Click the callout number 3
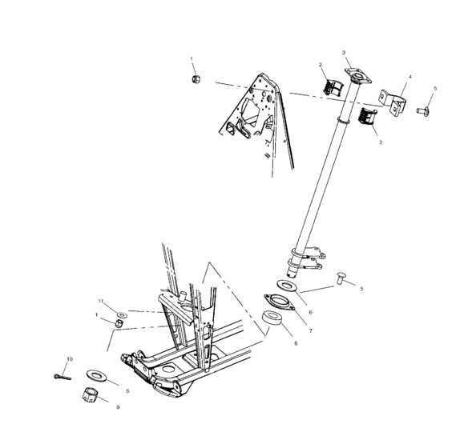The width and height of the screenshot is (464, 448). click(345, 54)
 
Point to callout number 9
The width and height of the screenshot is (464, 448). click(119, 407)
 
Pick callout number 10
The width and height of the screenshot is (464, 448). click(69, 358)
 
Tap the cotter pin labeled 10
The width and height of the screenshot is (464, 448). click(62, 374)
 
